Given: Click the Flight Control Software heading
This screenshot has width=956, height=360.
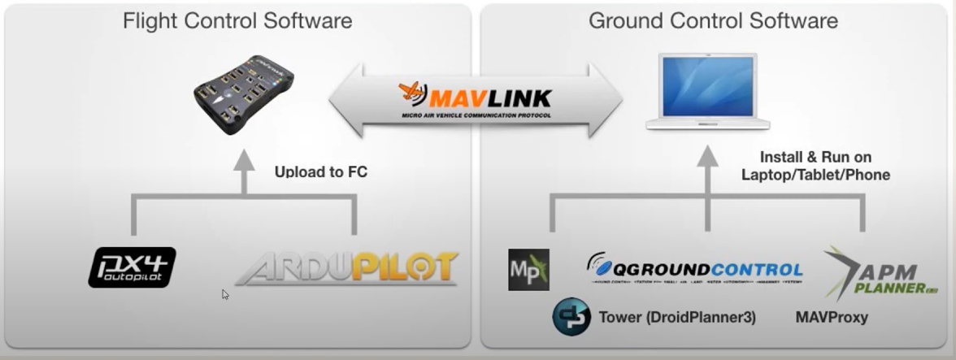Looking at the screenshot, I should click(237, 21).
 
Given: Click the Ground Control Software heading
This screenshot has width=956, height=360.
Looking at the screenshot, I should click(713, 21).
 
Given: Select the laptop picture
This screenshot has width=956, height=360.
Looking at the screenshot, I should click(707, 91).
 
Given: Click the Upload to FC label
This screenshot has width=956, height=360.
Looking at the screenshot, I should click(320, 171).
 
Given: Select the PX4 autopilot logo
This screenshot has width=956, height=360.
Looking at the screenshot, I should click(132, 267).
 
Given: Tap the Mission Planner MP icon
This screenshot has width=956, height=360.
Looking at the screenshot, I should click(528, 270).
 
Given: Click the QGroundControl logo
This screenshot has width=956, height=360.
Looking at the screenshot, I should click(694, 269).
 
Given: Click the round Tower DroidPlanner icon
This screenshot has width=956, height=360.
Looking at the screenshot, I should click(571, 317).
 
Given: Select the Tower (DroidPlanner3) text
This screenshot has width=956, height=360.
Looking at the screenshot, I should click(677, 318).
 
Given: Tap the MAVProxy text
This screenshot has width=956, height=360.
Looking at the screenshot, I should click(832, 318).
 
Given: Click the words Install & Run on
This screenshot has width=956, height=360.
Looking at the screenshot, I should click(815, 157).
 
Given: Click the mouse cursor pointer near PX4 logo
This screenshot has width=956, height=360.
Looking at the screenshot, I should click(225, 294).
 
